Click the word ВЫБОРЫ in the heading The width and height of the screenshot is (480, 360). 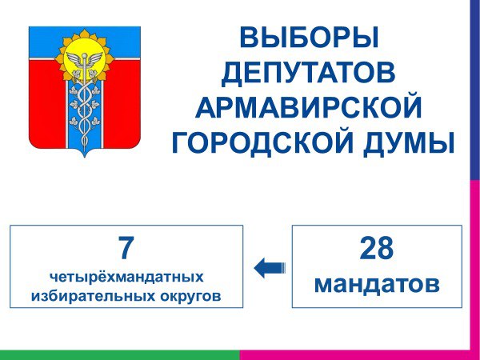pos(309,38)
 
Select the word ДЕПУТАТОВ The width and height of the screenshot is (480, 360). pos(309,74)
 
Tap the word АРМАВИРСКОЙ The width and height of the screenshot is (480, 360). pos(309,108)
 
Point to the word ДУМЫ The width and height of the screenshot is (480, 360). pos(409,143)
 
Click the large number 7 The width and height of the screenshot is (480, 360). pos(126,248)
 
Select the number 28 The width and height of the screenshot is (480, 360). pos(377,248)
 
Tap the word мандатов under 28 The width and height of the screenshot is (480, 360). pos(377,284)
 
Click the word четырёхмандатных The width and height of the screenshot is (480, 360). pos(126,277)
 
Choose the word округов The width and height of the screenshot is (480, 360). pos(190,297)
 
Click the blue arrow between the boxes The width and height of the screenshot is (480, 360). pos(270,268)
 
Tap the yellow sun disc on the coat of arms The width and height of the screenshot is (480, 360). pos(85,59)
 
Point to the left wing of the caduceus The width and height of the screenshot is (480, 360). pos(74,59)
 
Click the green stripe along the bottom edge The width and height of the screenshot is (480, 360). pos(120,354)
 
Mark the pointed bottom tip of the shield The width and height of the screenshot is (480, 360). pos(85,158)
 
